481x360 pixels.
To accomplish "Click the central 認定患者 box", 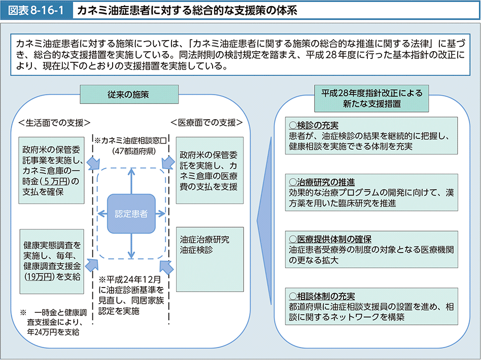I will (131, 213).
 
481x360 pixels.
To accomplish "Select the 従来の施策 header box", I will (128, 94).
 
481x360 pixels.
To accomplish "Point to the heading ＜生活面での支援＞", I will (54, 122).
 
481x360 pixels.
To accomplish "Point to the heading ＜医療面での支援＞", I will (206, 122).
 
